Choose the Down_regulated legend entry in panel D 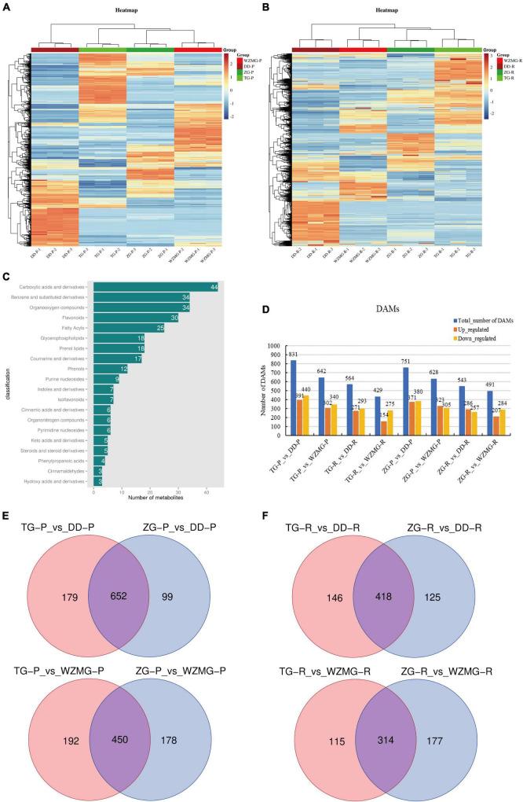point(443,337)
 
